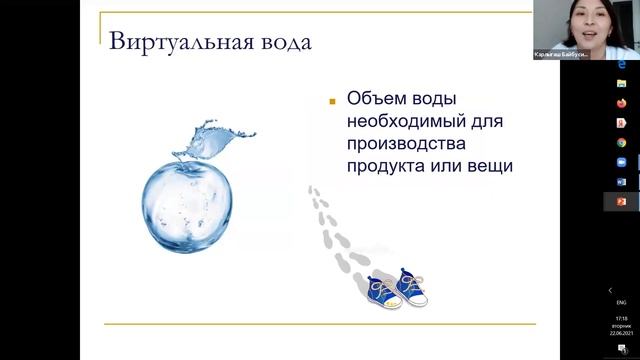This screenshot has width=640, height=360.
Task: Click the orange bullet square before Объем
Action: [330, 101]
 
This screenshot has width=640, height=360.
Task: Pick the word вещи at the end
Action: [489, 166]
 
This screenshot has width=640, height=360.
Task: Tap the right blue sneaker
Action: [411, 287]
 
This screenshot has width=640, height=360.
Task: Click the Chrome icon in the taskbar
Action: [621, 143]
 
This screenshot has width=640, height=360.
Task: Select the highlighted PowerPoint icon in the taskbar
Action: [621, 201]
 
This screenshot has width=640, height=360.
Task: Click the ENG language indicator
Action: [620, 302]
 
